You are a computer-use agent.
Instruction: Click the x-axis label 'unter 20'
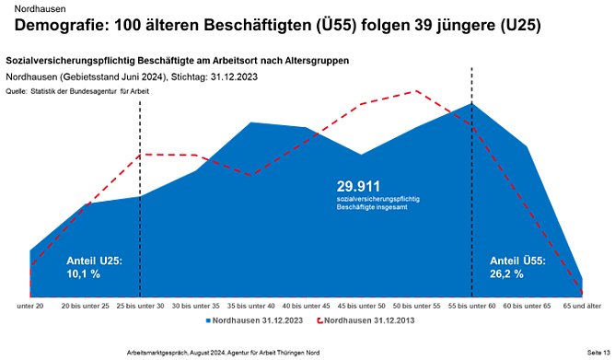click(x=30, y=304)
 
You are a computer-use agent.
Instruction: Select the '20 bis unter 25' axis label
click(x=86, y=304)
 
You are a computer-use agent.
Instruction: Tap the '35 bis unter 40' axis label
click(x=250, y=304)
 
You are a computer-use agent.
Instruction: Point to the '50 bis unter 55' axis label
click(x=417, y=304)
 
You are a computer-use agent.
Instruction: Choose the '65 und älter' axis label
click(x=582, y=304)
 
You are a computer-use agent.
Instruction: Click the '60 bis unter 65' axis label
click(x=528, y=304)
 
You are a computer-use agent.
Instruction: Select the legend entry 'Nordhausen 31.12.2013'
click(x=360, y=321)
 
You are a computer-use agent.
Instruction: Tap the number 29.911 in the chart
click(x=358, y=185)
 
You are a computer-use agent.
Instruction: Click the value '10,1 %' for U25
click(x=84, y=274)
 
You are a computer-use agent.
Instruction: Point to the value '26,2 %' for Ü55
click(x=505, y=273)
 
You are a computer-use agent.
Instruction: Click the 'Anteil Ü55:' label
click(x=516, y=261)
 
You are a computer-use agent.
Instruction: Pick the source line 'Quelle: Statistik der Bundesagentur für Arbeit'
click(x=76, y=92)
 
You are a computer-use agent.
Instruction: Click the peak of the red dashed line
click(x=418, y=91)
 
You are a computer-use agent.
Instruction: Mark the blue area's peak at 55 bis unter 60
click(x=472, y=103)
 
